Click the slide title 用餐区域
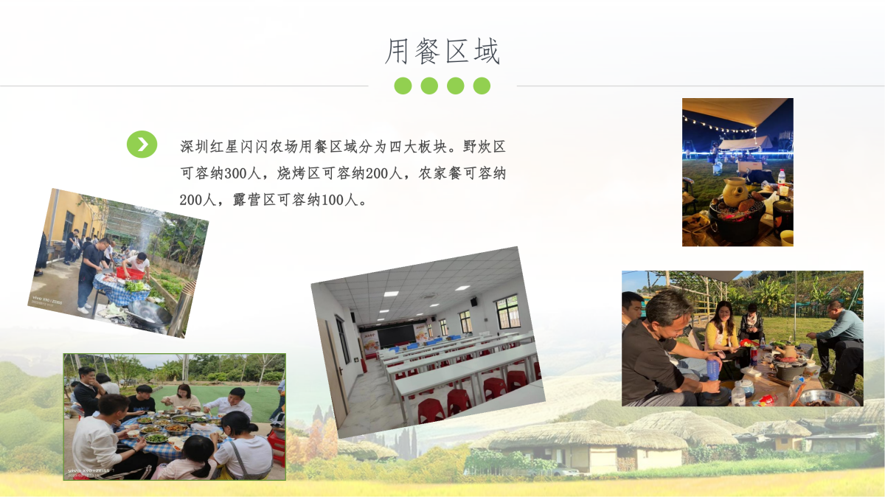click(442, 52)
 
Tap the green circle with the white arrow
click(142, 145)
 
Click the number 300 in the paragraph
click(236, 173)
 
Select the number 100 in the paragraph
click(333, 200)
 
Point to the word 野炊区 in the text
click(485, 147)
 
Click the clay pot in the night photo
click(735, 191)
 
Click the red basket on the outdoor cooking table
click(130, 273)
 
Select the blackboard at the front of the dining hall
click(397, 336)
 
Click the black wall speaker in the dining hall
click(473, 302)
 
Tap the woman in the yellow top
click(721, 330)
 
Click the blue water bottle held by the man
click(712, 369)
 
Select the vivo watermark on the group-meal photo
click(88, 471)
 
